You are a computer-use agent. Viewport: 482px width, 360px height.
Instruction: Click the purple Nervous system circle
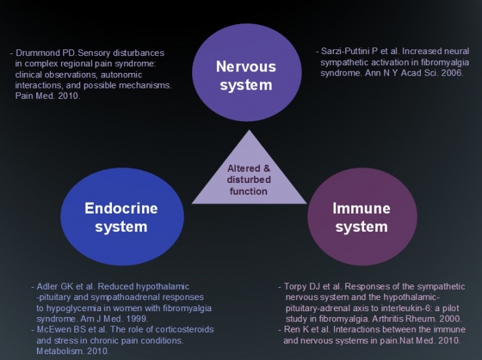[247, 72]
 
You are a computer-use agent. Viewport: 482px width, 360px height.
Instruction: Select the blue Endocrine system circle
[122, 217]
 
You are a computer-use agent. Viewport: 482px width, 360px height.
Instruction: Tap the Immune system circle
[362, 217]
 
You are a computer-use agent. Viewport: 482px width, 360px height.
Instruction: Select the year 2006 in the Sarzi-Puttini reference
[451, 73]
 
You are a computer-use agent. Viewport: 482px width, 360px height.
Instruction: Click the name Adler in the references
[48, 286]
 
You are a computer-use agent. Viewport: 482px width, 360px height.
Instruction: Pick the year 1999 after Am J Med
[137, 318]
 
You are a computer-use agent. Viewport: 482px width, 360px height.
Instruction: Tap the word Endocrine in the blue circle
[121, 208]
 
